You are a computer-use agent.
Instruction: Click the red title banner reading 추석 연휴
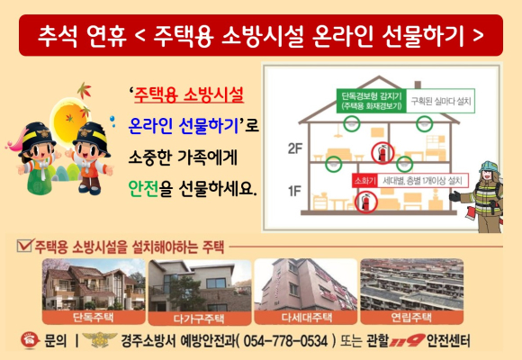(x=261, y=35)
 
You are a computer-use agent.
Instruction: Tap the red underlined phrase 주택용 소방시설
(x=189, y=95)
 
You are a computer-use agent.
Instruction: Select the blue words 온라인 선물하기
(x=184, y=126)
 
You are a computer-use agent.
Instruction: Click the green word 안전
(x=143, y=188)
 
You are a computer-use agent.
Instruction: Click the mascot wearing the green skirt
(x=37, y=158)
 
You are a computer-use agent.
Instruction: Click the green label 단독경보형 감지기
(x=371, y=101)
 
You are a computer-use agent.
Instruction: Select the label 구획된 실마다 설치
(x=440, y=101)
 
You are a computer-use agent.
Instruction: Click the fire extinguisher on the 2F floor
(x=382, y=153)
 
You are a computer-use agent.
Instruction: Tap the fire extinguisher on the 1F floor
(x=365, y=202)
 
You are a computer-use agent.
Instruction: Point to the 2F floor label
(x=295, y=148)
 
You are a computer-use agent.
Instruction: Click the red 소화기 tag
(x=364, y=181)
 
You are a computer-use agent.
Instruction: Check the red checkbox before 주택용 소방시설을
(x=25, y=246)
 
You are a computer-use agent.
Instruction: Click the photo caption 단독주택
(x=94, y=318)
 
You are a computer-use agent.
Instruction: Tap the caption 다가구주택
(x=199, y=319)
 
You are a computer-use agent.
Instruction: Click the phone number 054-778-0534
(x=285, y=341)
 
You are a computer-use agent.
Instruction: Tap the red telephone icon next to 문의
(x=30, y=340)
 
